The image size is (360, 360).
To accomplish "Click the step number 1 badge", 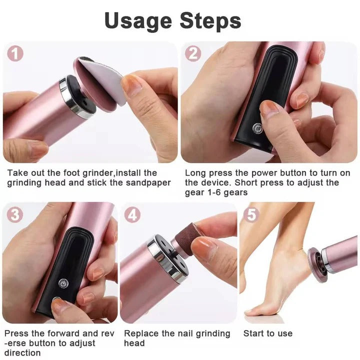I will [15, 53].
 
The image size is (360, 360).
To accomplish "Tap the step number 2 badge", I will [193, 53].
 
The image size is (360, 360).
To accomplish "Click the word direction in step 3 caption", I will [23, 352].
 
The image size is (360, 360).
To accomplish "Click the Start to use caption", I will [267, 333].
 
